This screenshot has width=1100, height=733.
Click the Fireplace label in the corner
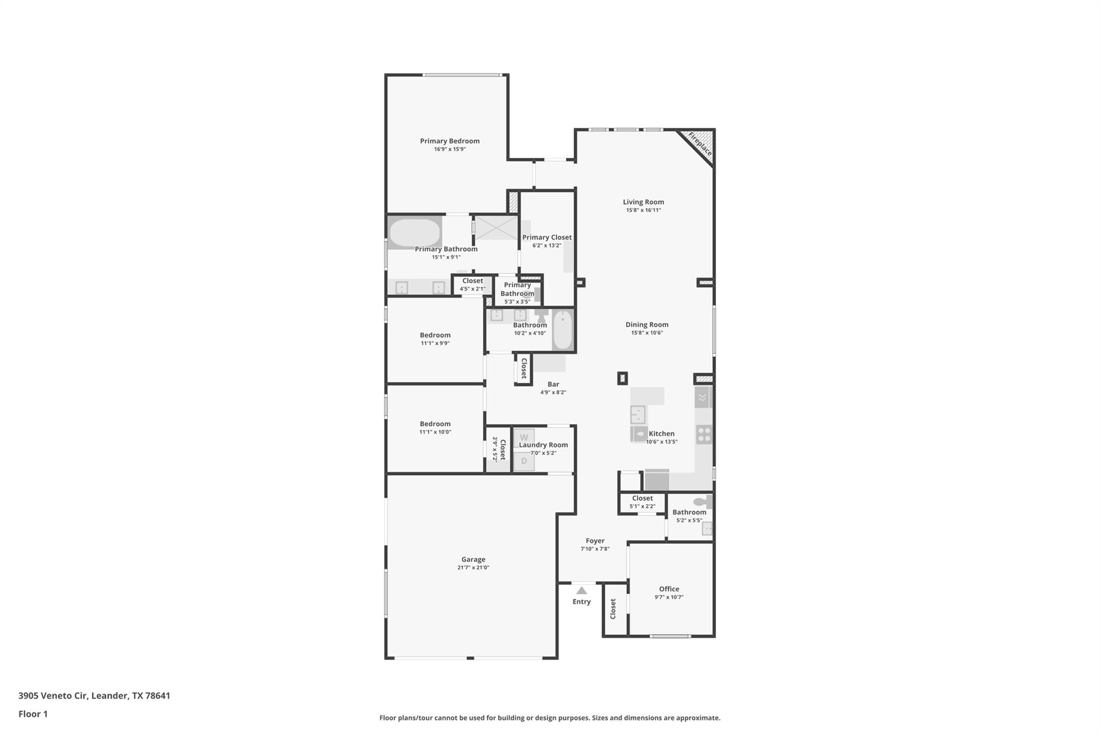click(700, 143)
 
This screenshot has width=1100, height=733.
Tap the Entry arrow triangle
click(581, 590)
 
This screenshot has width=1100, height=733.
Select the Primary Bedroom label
click(450, 141)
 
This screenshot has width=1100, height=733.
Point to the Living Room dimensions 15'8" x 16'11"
click(643, 210)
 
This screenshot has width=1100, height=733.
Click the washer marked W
click(524, 437)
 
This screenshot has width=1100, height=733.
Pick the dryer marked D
click(524, 461)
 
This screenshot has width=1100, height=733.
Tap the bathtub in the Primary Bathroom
click(415, 233)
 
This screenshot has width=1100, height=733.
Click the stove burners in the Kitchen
click(704, 434)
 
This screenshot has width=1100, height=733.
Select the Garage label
click(473, 559)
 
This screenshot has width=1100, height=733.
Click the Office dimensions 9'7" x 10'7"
click(669, 597)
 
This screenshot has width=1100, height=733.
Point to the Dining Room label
click(647, 324)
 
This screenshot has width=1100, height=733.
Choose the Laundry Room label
click(543, 445)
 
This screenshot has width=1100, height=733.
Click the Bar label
click(553, 384)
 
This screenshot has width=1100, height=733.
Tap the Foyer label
click(595, 541)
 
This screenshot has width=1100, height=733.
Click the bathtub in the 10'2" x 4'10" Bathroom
click(562, 329)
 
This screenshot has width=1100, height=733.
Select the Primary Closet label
click(547, 237)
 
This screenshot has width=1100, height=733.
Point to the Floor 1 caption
click(33, 714)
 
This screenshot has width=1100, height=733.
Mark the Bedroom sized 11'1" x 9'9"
click(435, 335)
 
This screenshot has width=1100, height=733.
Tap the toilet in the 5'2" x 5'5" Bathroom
click(700, 502)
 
